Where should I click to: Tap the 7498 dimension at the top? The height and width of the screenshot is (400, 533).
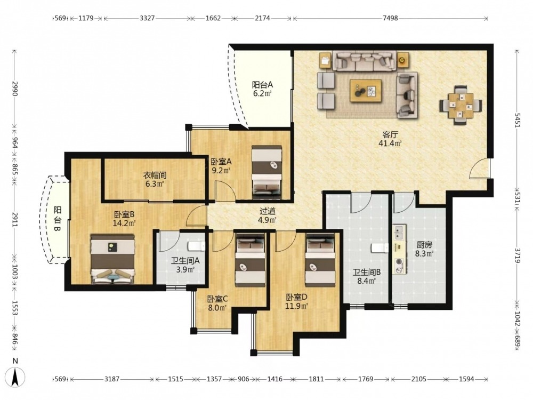tap(390, 18)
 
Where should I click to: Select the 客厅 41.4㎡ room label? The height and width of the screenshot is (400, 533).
tap(390, 139)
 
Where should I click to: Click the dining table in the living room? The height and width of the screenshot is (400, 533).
tap(461, 105)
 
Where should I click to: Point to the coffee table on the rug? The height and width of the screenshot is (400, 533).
tap(366, 91)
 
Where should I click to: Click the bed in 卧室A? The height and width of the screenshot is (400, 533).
tap(267, 172)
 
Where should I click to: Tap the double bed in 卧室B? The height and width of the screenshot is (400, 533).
tap(113, 259)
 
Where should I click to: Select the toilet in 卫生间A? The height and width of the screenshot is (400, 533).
tap(197, 246)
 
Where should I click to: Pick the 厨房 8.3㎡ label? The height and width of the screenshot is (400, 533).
tap(424, 249)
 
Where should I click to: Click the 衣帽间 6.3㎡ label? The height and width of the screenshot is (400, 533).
tap(155, 180)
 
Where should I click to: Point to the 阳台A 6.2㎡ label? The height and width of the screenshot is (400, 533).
tap(262, 89)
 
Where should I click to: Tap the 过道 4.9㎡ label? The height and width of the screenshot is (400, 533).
tap(267, 215)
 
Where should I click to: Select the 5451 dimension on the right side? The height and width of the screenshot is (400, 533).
tap(517, 120)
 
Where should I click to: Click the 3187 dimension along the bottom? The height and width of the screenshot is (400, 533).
tap(112, 379)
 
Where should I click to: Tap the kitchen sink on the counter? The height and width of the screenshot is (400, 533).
tap(400, 233)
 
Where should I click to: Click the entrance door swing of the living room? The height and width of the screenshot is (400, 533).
tap(480, 169)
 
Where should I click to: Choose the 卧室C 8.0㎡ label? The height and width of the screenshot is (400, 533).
tap(217, 303)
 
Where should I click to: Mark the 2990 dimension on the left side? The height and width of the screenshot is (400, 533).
tap(15, 89)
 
